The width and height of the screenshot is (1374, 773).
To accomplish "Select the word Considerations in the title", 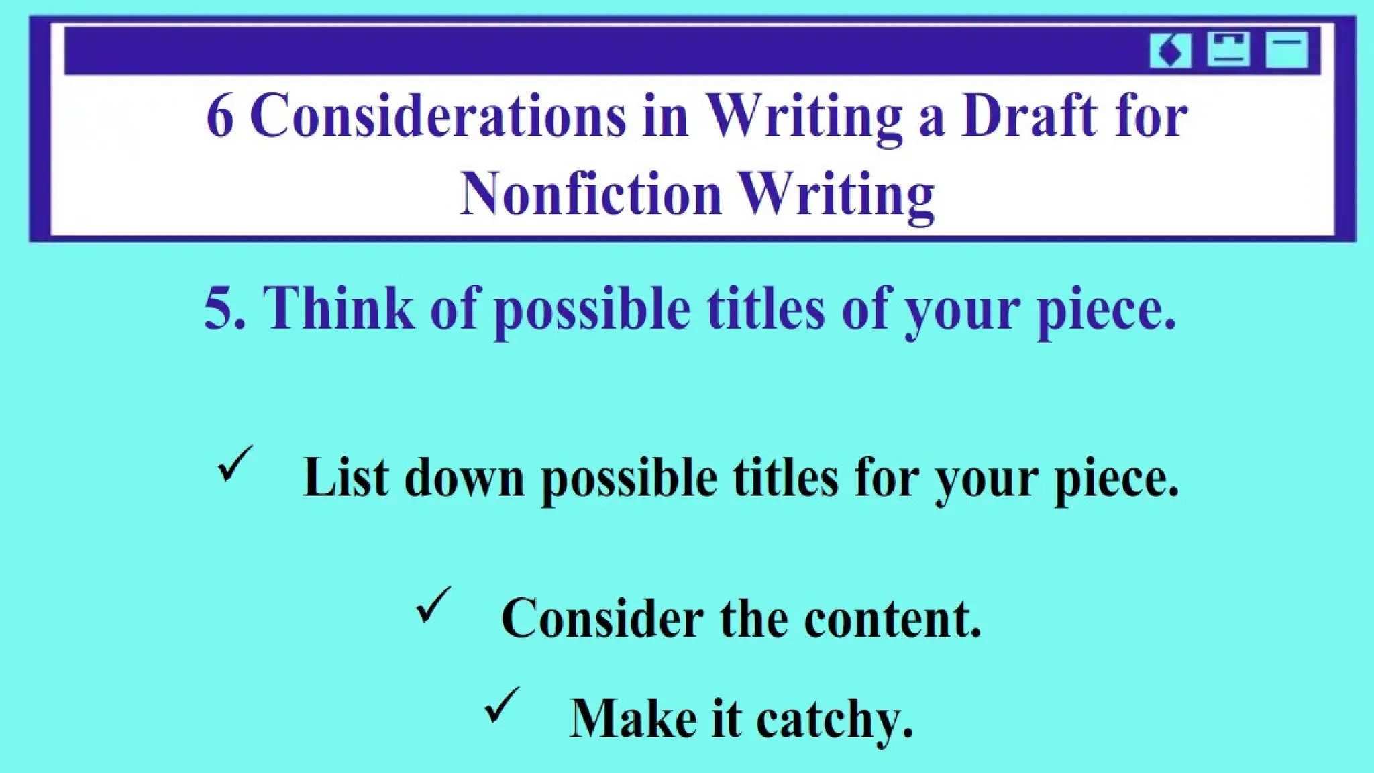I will [437, 115].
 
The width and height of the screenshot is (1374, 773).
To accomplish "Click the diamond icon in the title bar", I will [1170, 50].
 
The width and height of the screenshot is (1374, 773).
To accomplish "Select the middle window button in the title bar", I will [1228, 50].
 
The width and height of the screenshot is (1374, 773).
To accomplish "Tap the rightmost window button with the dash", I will [1286, 50].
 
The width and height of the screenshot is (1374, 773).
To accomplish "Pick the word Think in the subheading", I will [338, 309].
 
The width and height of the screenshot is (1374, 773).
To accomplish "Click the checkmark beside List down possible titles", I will [235, 464].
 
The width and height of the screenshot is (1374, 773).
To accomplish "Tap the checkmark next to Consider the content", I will [433, 605].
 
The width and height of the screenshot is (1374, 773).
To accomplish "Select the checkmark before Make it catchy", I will [502, 705].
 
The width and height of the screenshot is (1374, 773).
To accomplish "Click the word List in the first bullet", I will [346, 478].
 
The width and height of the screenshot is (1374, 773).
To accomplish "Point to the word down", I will [464, 478].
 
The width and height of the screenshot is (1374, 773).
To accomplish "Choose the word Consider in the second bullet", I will [602, 619].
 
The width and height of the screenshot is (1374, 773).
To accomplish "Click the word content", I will [892, 619].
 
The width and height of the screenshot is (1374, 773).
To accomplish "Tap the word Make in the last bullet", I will [633, 719].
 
